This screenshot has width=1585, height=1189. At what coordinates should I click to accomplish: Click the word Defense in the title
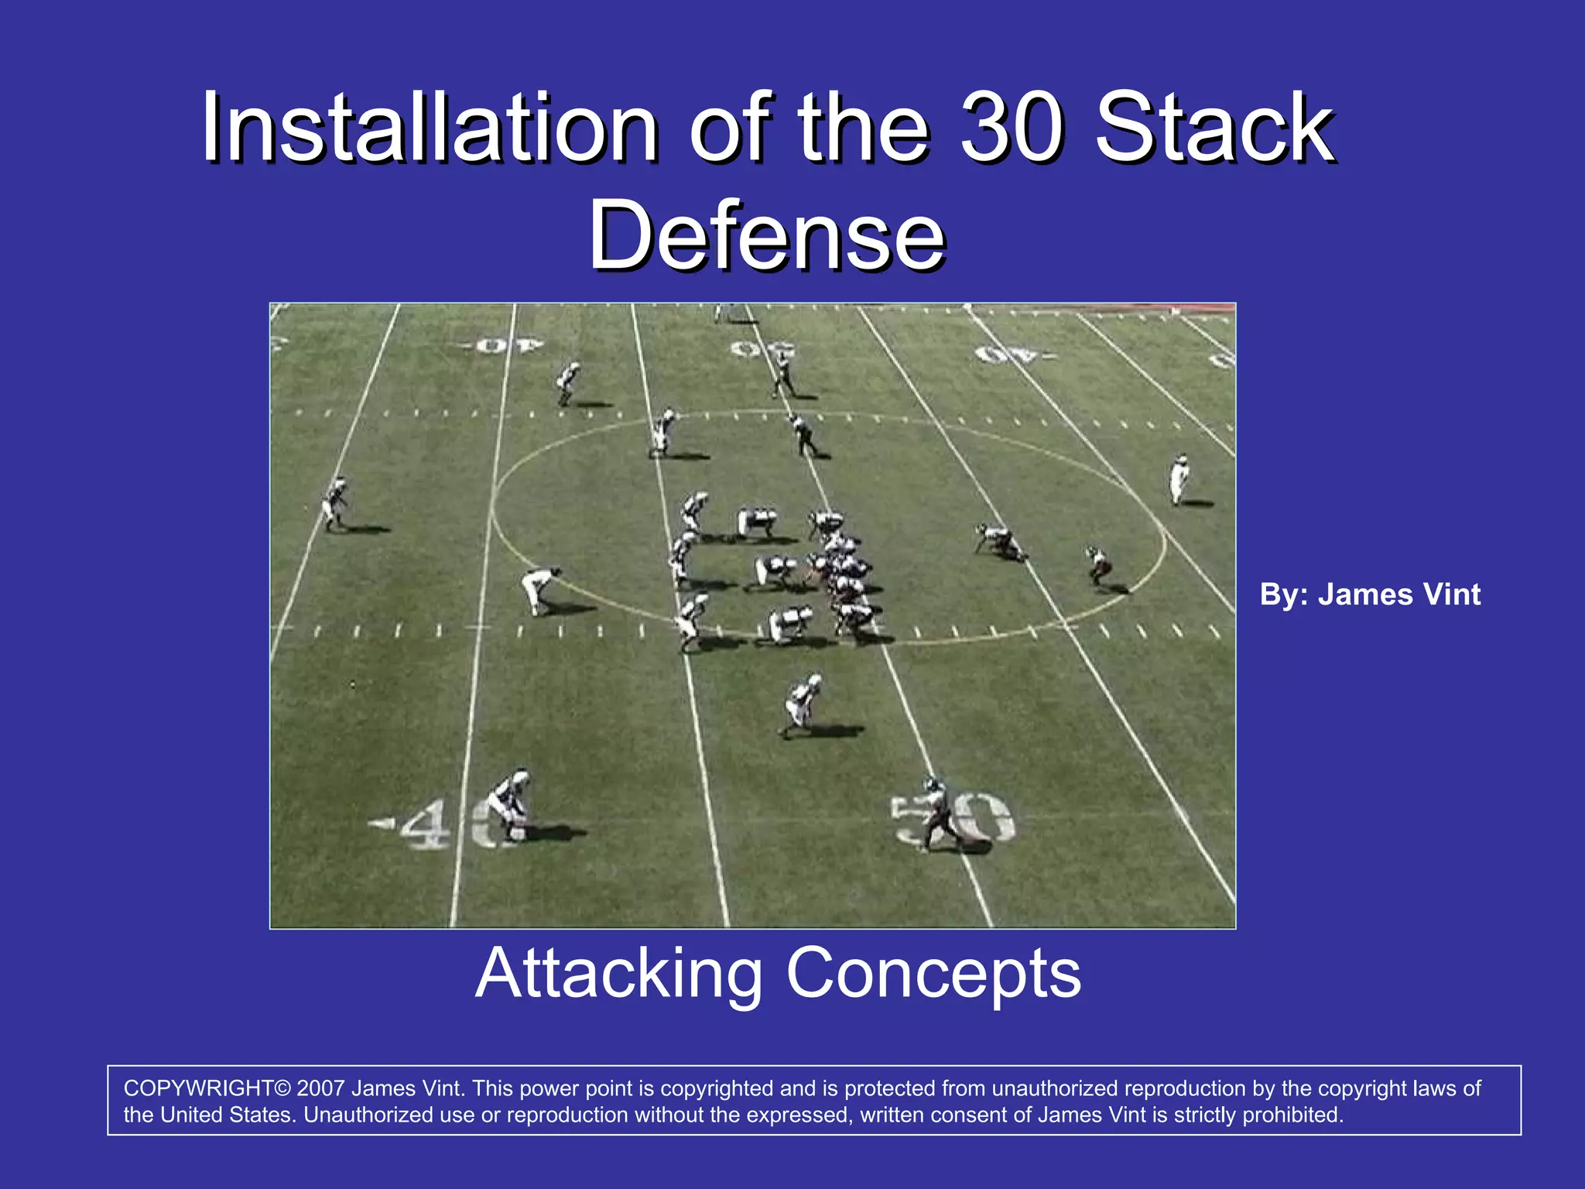766,235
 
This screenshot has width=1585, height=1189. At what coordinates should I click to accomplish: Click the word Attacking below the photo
619,974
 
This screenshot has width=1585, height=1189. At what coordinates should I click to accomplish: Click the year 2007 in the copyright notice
320,1088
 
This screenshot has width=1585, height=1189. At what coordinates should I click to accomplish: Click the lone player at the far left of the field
335,503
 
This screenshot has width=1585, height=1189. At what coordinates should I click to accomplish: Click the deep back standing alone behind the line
802,704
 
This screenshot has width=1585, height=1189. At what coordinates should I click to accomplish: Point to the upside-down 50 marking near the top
762,349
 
